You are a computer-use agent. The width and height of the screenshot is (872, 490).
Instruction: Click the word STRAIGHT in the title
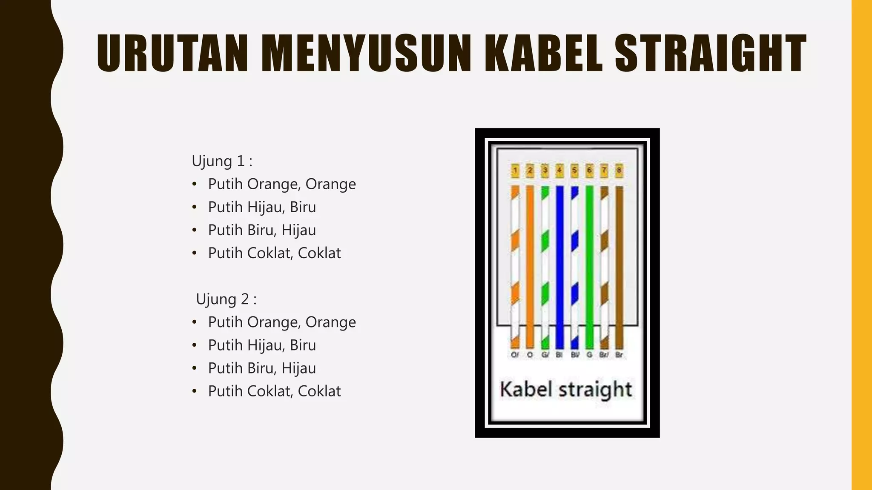tap(710, 54)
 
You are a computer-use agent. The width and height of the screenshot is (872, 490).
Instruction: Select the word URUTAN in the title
tap(172, 54)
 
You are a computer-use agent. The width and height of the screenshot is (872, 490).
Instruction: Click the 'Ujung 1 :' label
tap(222, 161)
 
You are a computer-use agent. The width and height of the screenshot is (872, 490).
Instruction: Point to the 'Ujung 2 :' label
tap(226, 299)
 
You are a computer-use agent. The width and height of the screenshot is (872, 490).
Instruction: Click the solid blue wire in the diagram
tap(559, 264)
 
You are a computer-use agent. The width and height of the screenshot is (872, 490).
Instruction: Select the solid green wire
tap(589, 264)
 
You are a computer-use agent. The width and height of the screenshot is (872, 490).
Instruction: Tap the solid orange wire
tap(530, 264)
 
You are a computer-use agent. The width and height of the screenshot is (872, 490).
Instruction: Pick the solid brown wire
tap(619, 264)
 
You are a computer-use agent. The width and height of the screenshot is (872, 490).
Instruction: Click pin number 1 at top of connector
tap(515, 171)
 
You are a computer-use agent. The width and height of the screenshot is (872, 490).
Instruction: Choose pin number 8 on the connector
tap(619, 171)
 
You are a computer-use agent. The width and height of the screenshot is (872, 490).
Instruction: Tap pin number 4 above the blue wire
tap(559, 171)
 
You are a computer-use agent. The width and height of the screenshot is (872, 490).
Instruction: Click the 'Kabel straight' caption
tap(566, 389)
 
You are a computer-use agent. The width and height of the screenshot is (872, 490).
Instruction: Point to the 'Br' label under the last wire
tap(619, 355)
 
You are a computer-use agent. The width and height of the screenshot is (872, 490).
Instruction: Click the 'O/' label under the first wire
tap(515, 355)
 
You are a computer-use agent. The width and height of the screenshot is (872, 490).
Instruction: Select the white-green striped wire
tap(545, 264)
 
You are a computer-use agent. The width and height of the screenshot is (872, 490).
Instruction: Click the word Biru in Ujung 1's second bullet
tap(303, 207)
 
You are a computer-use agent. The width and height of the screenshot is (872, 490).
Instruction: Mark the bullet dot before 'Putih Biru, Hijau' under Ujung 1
tap(195, 231)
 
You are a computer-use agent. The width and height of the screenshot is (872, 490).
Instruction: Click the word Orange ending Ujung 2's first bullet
tap(330, 322)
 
